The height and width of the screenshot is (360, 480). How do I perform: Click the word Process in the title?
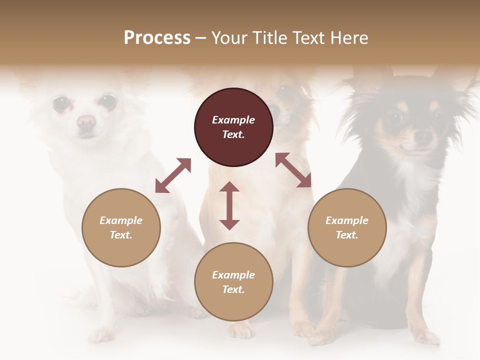[x=157, y=38]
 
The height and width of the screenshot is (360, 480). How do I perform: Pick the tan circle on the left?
[x=121, y=227]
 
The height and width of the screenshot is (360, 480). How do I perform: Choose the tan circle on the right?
[x=347, y=227]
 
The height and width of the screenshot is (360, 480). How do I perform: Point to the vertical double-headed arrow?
[x=229, y=205]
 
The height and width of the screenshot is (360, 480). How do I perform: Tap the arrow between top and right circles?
[x=293, y=170]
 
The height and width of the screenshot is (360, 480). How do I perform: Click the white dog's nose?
[x=86, y=121]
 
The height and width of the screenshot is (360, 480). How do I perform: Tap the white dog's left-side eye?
[x=61, y=103]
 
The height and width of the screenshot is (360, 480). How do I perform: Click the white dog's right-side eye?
[x=107, y=101]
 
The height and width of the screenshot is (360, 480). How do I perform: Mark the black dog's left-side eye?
[x=395, y=119]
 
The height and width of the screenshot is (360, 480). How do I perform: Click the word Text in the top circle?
[x=233, y=134]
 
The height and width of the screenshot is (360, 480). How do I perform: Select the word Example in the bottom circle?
[x=233, y=274]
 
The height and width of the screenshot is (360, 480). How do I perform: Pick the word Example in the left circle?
[x=121, y=220]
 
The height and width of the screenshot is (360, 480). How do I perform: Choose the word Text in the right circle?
[x=346, y=235]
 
